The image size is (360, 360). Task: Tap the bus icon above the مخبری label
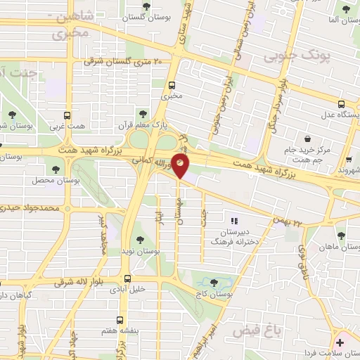168,81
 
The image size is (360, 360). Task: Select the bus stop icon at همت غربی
67,115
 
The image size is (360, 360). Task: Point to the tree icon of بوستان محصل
56,169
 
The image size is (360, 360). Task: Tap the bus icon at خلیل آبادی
127,278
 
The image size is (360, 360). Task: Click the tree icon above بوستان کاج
214,283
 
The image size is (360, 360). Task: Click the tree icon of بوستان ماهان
341,236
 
